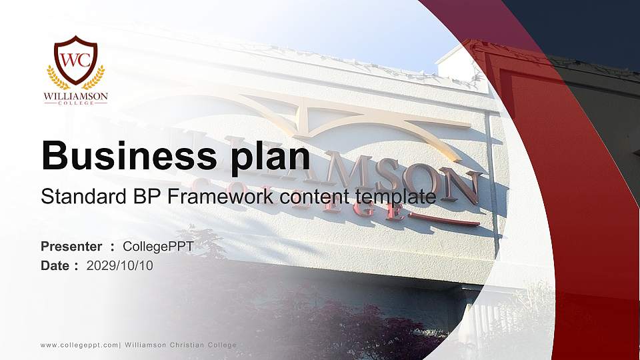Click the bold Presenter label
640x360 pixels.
tap(71, 247)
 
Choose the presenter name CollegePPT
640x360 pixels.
tap(158, 247)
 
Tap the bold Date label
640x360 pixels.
tap(55, 265)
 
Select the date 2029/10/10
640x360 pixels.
tap(120, 265)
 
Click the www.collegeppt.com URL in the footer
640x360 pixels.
tap(79, 345)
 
